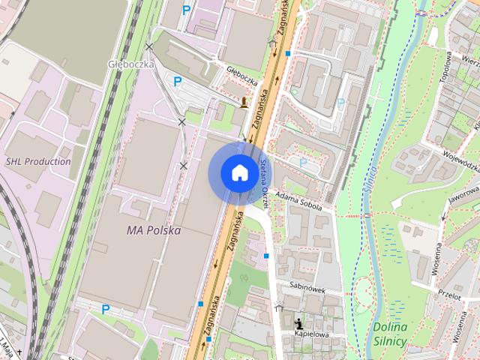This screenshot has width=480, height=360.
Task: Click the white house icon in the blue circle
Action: [239, 173]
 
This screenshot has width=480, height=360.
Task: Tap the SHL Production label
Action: [37, 161]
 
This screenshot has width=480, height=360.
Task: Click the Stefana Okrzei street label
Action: [264, 182]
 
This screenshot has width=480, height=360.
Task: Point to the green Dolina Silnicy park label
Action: [388, 333]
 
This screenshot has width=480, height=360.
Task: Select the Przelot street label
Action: [450, 295]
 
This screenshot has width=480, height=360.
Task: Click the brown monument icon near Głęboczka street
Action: [244, 103]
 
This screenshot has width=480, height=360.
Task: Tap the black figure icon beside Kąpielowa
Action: [298, 320]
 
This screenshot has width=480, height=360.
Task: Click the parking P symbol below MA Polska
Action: [106, 308]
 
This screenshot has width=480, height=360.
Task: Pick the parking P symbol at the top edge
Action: [186, 10]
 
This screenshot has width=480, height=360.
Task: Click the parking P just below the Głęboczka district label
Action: [177, 82]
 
